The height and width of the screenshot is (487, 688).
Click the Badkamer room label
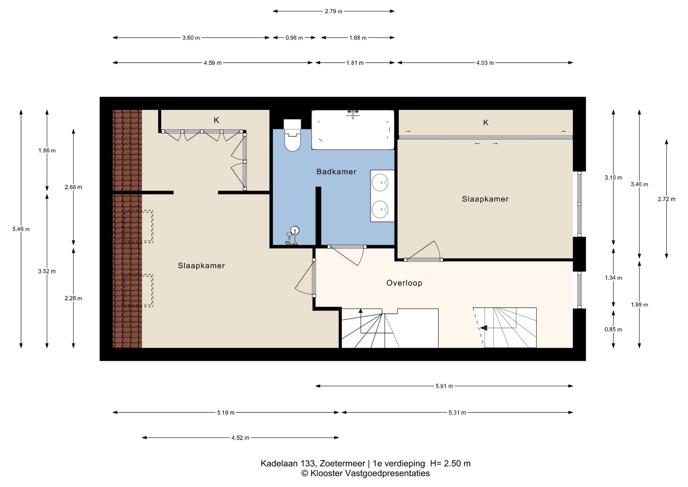click(336, 172)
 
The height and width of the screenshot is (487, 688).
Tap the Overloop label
click(404, 283)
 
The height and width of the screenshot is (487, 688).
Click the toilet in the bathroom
click(292, 135)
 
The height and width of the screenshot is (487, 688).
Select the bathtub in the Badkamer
click(353, 129)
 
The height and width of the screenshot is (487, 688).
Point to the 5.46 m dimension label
click(21, 229)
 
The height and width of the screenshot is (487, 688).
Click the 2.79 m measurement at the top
click(334, 11)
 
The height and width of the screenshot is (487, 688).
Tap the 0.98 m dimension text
click(294, 38)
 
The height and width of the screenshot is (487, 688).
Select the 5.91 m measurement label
click(444, 386)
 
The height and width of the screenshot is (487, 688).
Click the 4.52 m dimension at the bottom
click(240, 438)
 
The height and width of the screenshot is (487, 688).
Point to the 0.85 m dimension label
click(613, 330)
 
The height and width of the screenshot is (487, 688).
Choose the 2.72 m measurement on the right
click(666, 199)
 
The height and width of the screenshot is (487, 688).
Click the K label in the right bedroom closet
click(486, 123)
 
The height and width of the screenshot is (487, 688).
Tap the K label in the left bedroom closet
click(216, 120)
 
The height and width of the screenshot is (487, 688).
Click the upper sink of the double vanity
click(380, 182)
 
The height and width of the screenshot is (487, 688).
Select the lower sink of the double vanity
click(380, 209)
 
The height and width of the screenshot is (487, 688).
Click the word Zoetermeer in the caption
click(342, 463)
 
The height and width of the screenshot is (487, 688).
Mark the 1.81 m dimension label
click(355, 63)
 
